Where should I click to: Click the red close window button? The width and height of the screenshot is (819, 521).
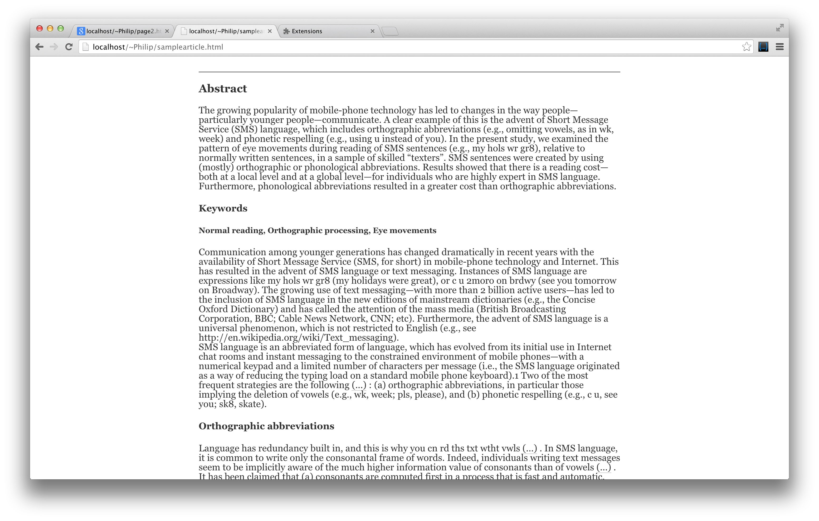[x=40, y=28]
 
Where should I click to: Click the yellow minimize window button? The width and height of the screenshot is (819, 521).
[x=50, y=28]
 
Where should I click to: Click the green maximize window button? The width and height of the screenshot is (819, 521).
[x=61, y=28]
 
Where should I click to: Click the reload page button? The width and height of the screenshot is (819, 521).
[x=69, y=47]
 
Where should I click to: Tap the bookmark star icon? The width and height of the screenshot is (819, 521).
[x=747, y=47]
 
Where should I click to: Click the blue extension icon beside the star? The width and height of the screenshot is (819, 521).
[x=763, y=47]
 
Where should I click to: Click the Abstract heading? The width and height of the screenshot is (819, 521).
[x=223, y=89]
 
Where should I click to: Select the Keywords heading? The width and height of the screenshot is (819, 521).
[x=223, y=208]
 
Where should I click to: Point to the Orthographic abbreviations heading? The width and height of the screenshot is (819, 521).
[x=266, y=426]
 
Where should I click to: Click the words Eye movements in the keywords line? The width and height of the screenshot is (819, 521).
[x=404, y=230]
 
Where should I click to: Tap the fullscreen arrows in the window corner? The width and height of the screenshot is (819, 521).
[x=779, y=28]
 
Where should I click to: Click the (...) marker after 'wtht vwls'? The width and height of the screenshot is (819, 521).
[x=530, y=448]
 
